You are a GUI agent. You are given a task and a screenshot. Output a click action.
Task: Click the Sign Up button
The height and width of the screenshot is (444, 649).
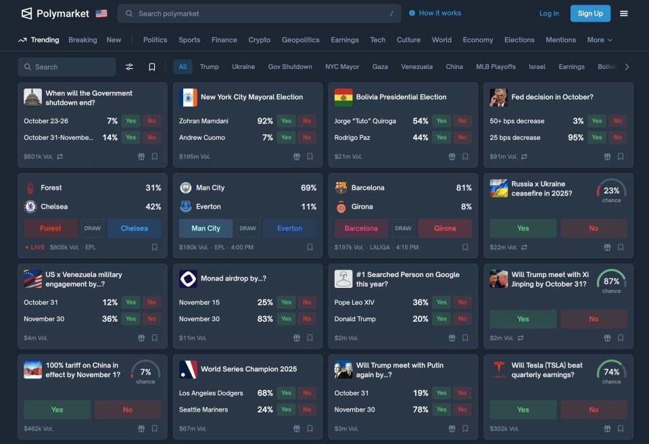click(x=590, y=14)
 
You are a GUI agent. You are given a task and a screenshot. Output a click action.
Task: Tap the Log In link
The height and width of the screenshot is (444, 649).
click(x=549, y=14)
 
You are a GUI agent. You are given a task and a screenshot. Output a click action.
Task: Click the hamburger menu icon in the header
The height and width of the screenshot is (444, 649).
click(x=624, y=14)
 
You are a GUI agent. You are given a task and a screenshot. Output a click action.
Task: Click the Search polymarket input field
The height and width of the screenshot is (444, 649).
click(x=257, y=14)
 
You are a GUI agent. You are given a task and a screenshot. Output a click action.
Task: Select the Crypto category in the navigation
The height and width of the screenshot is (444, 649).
click(x=259, y=40)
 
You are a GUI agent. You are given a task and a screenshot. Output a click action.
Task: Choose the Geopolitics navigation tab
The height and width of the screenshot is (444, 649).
click(x=300, y=40)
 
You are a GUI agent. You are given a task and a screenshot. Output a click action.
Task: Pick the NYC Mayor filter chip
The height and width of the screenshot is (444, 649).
click(x=342, y=67)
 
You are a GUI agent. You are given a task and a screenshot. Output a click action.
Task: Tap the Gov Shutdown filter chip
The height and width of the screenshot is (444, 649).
click(x=290, y=67)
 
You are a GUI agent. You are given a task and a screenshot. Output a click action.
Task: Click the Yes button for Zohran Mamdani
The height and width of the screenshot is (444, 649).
click(x=286, y=121)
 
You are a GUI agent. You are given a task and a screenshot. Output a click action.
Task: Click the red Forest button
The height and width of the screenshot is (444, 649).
click(x=51, y=228)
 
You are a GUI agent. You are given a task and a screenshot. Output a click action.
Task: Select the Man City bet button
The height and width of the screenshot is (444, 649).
click(x=206, y=228)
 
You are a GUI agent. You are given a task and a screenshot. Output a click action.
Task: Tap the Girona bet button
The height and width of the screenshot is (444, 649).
click(x=445, y=228)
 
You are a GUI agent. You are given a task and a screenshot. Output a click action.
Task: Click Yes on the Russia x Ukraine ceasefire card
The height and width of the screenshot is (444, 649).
click(x=523, y=228)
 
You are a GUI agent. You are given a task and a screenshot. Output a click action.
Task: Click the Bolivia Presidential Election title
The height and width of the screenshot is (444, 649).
click(x=401, y=97)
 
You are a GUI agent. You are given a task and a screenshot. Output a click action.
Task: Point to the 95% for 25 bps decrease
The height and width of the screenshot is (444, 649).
click(x=576, y=137)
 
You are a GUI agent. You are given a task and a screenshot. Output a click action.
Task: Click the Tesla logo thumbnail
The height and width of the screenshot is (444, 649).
click(x=499, y=370)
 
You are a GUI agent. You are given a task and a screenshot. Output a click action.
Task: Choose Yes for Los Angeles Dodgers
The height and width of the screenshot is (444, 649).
click(x=286, y=393)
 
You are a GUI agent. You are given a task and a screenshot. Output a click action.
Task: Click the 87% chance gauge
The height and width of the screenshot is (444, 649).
click(x=611, y=281)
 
